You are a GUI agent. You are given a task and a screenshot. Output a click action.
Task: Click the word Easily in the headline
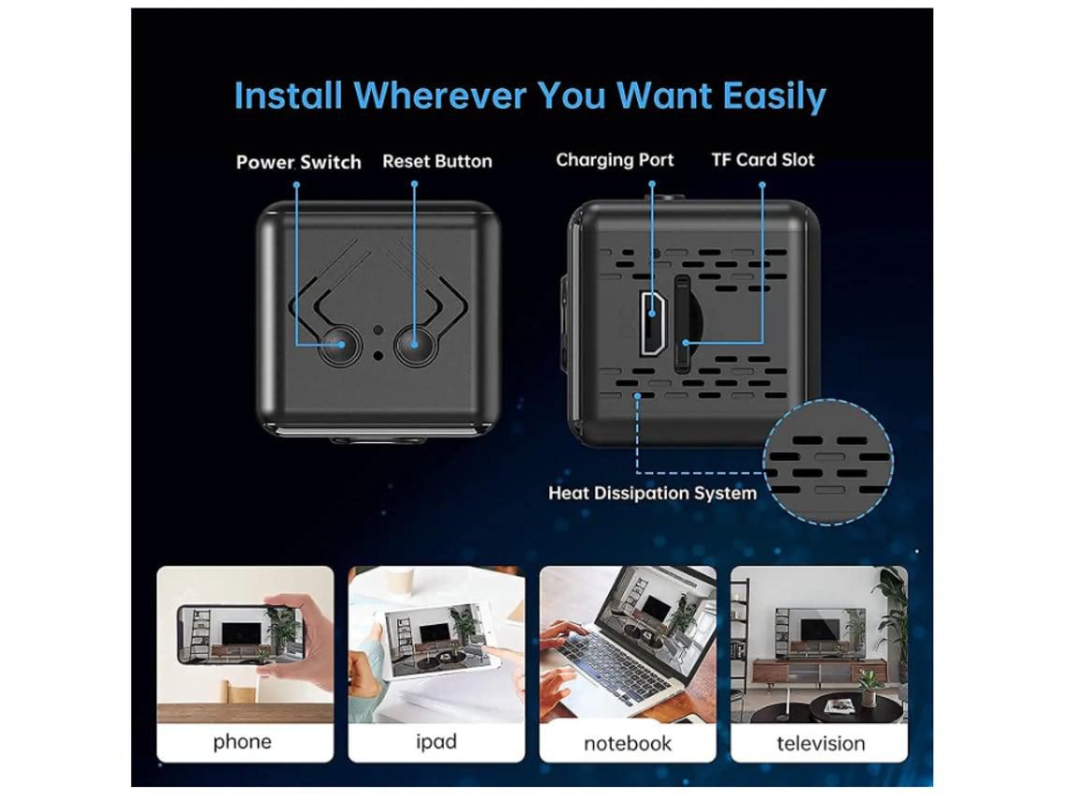click(775, 96)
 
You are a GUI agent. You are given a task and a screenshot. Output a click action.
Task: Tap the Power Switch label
click(298, 162)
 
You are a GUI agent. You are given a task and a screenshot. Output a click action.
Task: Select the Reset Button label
click(438, 161)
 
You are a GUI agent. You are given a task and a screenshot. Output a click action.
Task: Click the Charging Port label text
click(615, 160)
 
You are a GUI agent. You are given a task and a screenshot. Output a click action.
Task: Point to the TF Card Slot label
click(763, 159)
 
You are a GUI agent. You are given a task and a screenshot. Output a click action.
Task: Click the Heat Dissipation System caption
click(653, 493)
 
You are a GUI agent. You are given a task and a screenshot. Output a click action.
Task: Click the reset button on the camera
click(415, 345)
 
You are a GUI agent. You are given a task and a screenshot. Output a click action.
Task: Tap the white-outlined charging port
click(652, 323)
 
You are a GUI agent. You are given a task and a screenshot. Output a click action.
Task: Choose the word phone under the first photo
click(243, 741)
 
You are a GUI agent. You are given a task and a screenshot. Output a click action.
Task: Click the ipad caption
click(436, 741)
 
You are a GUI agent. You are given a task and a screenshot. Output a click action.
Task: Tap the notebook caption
click(628, 743)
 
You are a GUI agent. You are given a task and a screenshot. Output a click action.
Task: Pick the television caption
click(821, 743)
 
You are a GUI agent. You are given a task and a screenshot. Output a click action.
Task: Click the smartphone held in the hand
click(240, 635)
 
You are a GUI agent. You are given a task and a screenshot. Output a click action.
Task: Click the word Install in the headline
click(289, 96)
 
